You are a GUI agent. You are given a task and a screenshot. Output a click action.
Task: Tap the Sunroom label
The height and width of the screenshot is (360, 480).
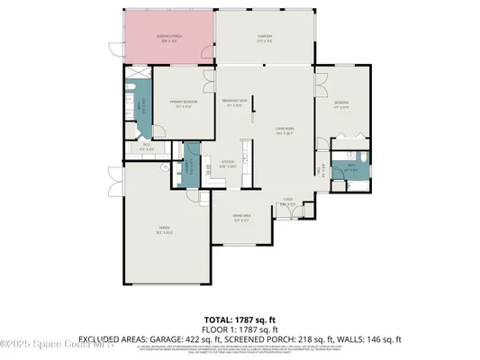(265, 39)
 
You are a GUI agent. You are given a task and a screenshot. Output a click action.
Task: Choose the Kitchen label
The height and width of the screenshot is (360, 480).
(228, 165)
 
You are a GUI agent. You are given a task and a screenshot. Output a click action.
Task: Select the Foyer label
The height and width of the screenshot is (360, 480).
(287, 202)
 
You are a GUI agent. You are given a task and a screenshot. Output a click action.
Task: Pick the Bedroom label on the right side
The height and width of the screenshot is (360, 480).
(342, 104)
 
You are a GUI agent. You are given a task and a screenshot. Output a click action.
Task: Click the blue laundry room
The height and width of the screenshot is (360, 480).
(190, 166)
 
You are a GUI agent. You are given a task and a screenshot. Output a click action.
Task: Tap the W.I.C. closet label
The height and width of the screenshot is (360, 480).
(146, 148)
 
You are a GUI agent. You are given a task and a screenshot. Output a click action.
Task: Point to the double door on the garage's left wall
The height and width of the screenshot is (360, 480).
(113, 184)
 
